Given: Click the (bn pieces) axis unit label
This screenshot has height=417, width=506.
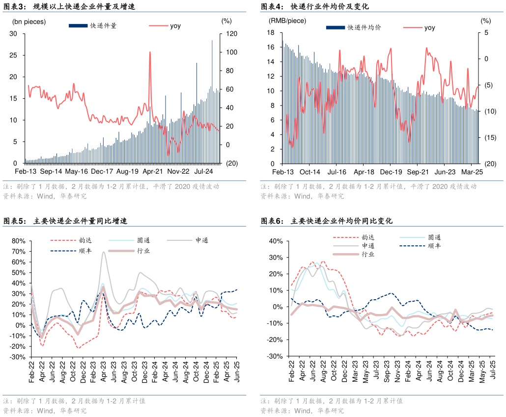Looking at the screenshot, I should (x=29, y=21).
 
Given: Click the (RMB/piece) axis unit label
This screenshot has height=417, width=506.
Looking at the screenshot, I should (x=287, y=21).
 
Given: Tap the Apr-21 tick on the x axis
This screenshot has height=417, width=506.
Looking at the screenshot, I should (x=153, y=172).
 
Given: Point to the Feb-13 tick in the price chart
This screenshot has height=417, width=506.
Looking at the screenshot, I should (x=283, y=172).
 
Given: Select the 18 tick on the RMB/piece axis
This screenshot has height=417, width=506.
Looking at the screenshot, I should (x=270, y=33).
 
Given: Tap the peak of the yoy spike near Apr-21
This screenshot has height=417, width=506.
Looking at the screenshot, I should (x=149, y=52).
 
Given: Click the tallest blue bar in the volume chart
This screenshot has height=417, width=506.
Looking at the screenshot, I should (x=212, y=41).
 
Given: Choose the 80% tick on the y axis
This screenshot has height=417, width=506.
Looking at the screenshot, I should (x=18, y=241).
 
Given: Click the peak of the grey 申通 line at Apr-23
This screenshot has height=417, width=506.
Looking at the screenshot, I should (x=104, y=252).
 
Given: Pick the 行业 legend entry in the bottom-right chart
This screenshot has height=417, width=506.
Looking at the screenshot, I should (x=368, y=254).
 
